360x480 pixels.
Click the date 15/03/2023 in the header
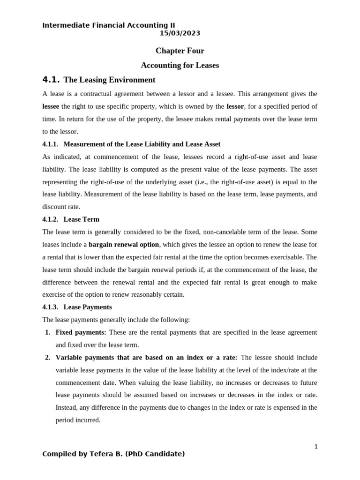180,33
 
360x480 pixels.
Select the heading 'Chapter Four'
180,51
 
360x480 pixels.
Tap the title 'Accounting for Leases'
180,65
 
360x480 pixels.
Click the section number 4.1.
51,80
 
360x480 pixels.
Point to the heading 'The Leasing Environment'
109,80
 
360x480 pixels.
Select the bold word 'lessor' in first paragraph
235,106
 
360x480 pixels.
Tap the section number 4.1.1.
51,144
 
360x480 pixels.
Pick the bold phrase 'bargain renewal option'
124,244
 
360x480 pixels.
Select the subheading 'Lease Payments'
88,307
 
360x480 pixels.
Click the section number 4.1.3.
51,307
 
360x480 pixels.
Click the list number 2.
48,357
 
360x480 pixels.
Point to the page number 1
316,447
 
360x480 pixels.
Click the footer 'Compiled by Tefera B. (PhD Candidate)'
113,454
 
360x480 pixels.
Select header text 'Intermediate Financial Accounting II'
109,25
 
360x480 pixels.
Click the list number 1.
48,332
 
